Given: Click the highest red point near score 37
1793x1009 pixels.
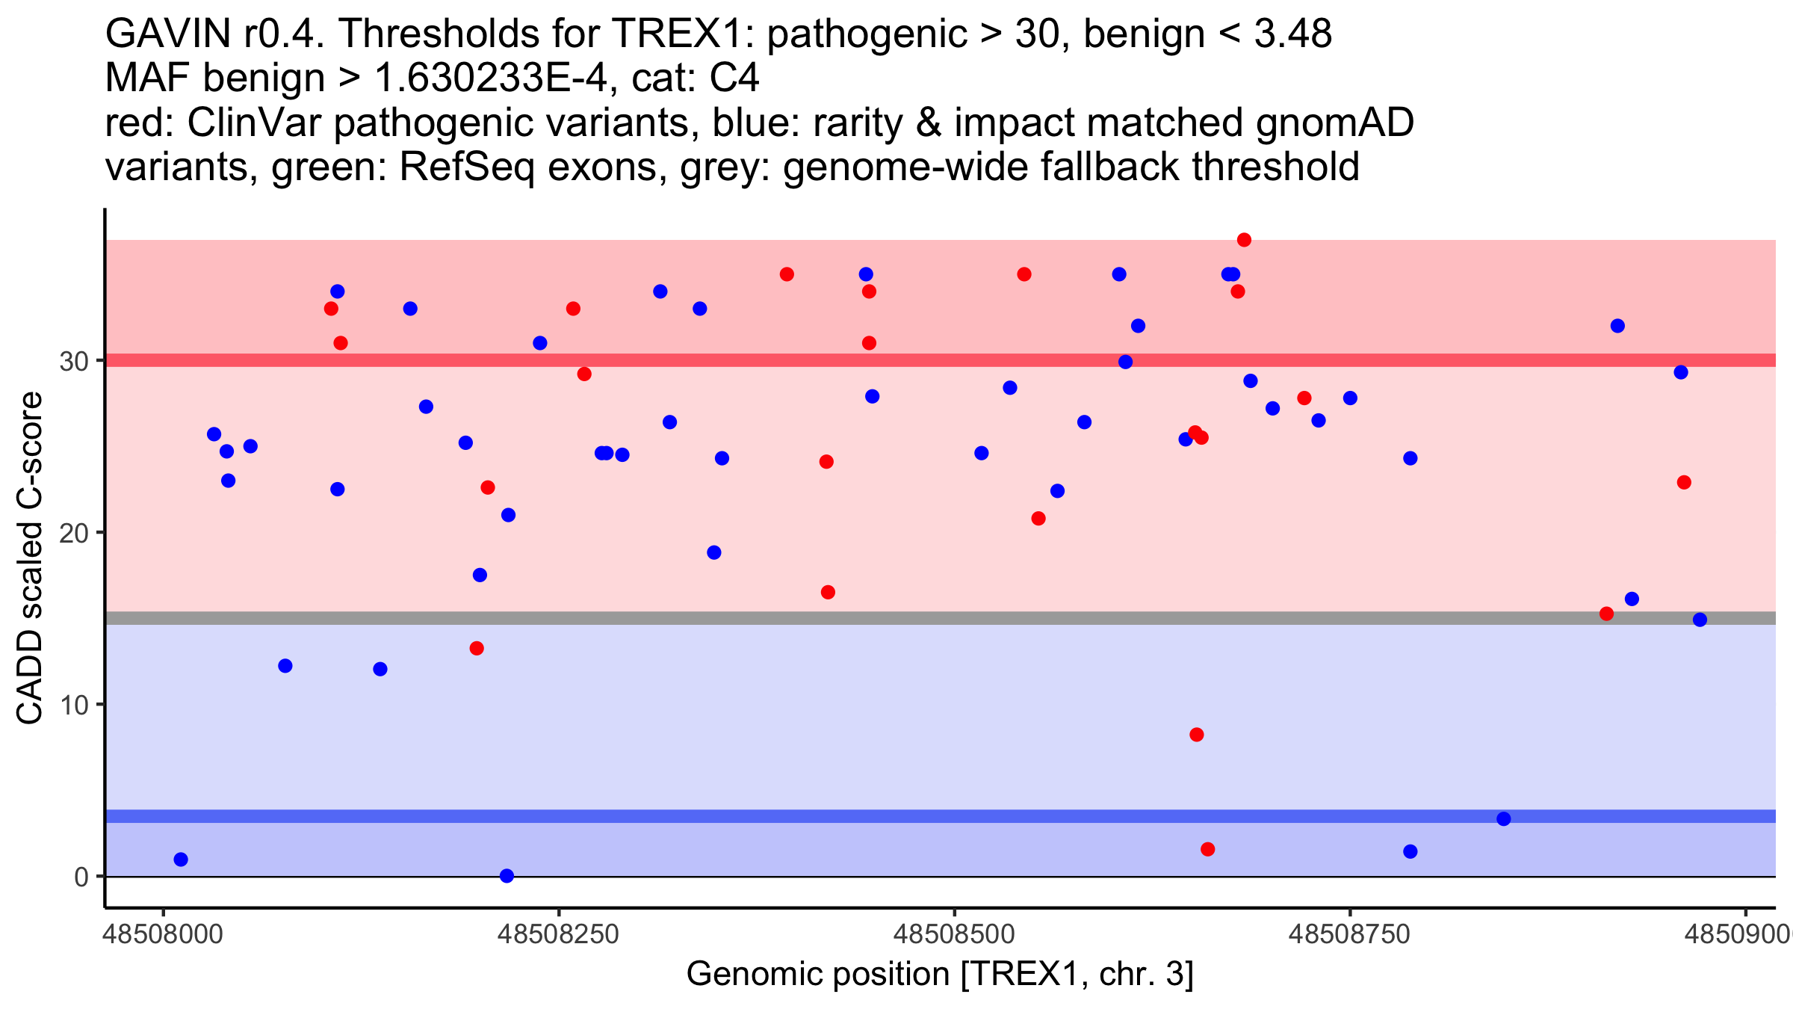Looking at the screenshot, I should point(1244,240).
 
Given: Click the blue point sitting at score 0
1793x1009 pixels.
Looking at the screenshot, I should point(507,875).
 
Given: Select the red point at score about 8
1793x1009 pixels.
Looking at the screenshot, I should point(1197,735).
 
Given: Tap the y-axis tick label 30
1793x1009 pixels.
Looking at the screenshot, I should point(74,361).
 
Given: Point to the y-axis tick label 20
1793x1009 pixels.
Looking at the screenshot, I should point(74,533).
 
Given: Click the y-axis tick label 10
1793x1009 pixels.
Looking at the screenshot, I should point(74,705).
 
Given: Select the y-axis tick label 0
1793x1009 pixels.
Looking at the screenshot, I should point(81,877).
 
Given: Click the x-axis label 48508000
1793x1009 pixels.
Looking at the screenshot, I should point(163,934).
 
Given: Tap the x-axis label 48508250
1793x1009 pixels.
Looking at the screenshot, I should point(559,934).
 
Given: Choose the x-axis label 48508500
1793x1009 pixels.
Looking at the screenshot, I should point(954,934).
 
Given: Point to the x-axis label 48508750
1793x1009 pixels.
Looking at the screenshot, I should point(1349,934).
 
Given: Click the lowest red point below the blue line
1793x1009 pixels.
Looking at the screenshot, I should point(1207,849).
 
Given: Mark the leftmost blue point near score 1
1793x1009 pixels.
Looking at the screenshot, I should point(181,860).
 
